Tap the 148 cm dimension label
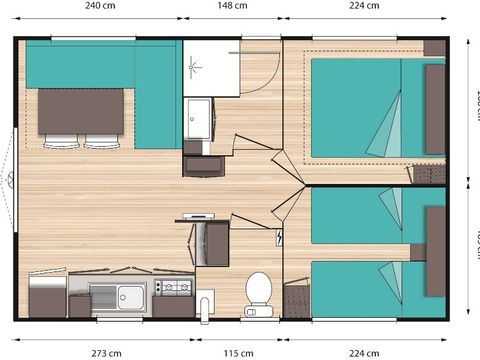[x=232, y=6]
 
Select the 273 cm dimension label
[x=106, y=352]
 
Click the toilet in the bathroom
[x=259, y=293]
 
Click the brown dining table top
[x=80, y=110]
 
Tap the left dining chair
[x=62, y=139]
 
